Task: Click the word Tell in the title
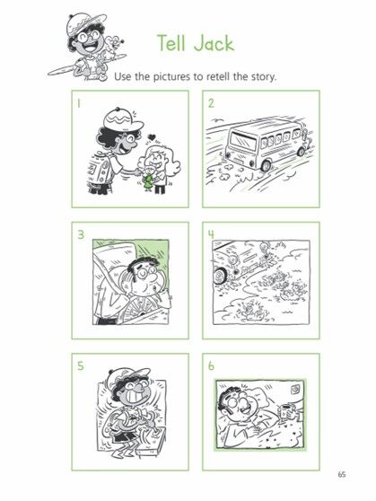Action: point(171,43)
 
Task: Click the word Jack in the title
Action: point(214,44)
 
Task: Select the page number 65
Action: point(342,474)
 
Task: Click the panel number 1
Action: point(78,103)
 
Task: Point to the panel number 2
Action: point(211,103)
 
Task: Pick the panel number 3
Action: point(81,234)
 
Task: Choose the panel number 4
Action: point(211,234)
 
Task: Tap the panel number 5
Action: point(81,365)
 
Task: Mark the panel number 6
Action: point(211,365)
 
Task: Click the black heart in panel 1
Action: point(152,137)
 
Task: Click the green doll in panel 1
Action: point(148,181)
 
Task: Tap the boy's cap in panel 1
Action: point(122,119)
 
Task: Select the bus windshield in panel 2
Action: point(243,141)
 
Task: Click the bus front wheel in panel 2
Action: point(265,165)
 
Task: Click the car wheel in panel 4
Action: point(220,276)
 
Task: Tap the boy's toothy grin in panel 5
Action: point(136,397)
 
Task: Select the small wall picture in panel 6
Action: point(294,389)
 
